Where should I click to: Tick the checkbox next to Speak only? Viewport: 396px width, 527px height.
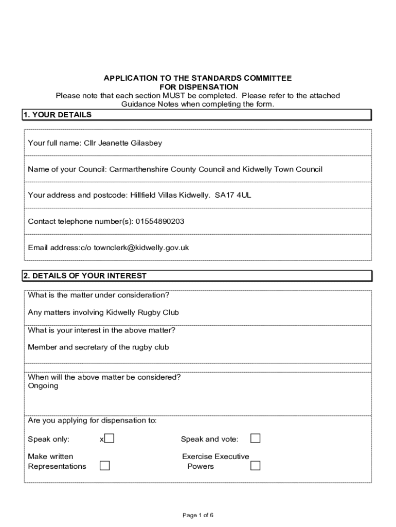(x=109, y=438)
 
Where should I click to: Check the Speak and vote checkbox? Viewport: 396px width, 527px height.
(x=255, y=438)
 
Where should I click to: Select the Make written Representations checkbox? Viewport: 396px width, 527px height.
(x=104, y=466)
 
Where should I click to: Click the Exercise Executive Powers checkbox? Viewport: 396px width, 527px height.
(x=255, y=466)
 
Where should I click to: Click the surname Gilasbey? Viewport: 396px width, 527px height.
(x=146, y=143)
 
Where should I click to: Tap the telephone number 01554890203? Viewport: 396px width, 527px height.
(x=160, y=221)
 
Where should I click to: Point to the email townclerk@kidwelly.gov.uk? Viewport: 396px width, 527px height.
(x=141, y=248)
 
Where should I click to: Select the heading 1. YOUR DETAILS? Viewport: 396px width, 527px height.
(x=58, y=115)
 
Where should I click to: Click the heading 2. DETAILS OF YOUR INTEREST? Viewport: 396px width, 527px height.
(x=85, y=276)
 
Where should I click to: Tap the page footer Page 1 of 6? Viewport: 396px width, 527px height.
(x=198, y=515)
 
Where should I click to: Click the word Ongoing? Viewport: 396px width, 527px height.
(x=43, y=386)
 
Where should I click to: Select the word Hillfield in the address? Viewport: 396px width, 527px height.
(x=146, y=195)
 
